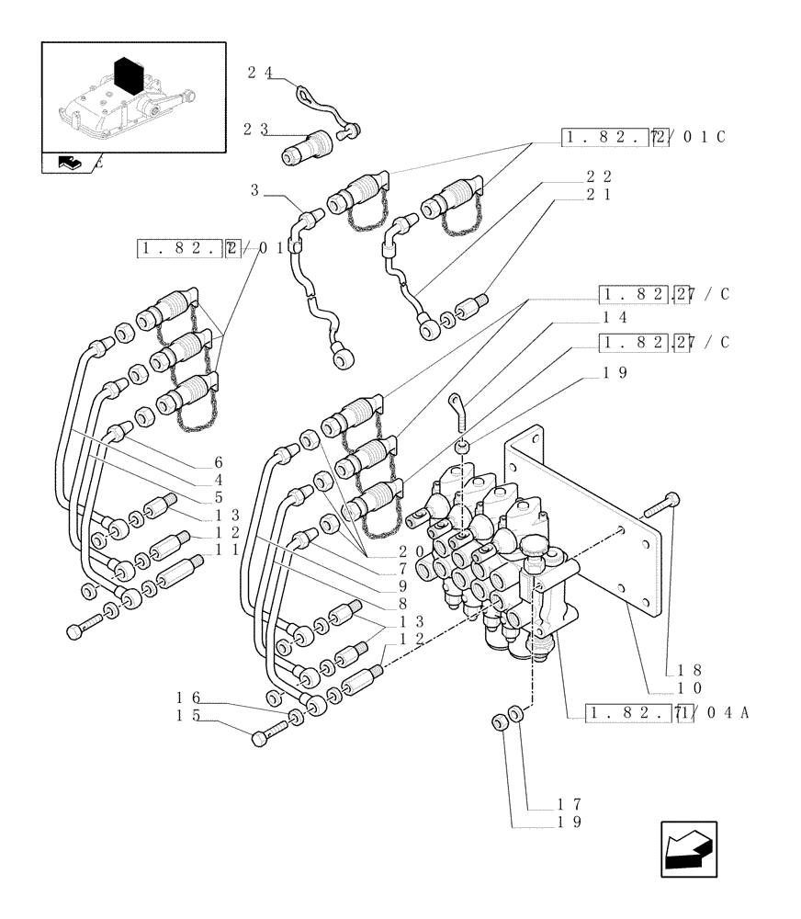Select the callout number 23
click(x=255, y=130)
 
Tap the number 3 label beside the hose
click(x=254, y=190)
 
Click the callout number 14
click(x=615, y=317)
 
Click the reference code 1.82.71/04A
click(x=658, y=711)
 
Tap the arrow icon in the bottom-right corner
click(x=689, y=849)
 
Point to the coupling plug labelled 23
click(x=305, y=147)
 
